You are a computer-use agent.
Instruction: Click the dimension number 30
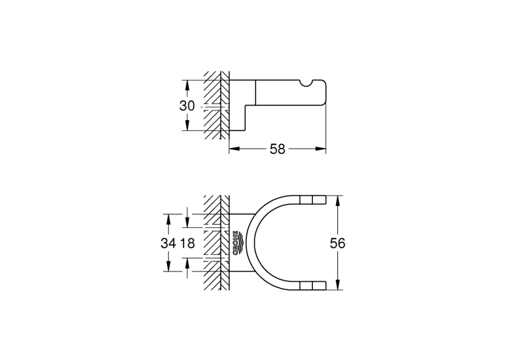coord(187,106)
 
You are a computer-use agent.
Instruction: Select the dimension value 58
coord(278,149)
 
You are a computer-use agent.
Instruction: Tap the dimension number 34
coord(168,243)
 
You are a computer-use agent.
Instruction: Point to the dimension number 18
coord(187,243)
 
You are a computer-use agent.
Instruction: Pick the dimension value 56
coord(337,243)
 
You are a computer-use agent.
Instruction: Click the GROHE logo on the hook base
coord(238,242)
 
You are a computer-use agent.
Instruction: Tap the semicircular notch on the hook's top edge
coord(306,84)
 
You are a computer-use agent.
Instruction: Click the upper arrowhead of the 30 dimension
coord(187,85)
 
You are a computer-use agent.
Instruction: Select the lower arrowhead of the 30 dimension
coord(187,125)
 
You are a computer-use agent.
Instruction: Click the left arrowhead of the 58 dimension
coord(234,149)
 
